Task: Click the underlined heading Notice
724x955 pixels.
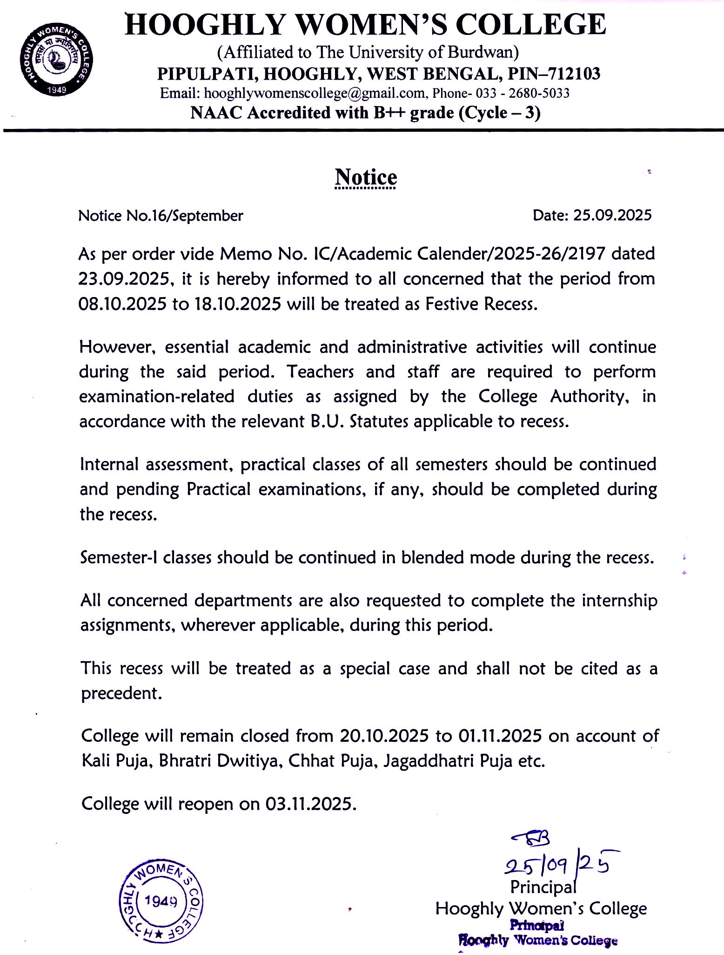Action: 366,178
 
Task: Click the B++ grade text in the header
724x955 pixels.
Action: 406,113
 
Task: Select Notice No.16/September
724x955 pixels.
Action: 161,216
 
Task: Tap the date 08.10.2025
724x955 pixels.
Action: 122,304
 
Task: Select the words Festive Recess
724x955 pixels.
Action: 481,304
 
